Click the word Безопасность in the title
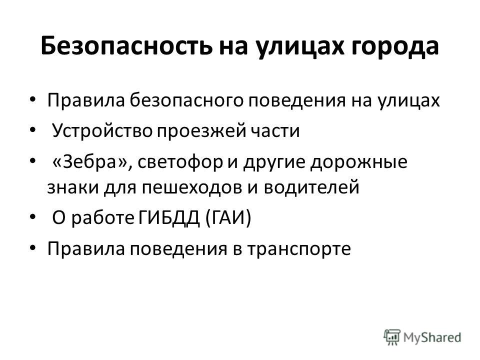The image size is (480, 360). point(126,46)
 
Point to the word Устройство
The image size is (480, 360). point(102,130)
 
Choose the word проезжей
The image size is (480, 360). point(201,131)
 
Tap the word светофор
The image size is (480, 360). point(180,162)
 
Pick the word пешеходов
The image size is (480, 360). point(192,187)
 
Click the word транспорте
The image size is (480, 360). point(299,249)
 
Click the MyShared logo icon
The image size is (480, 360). point(392,337)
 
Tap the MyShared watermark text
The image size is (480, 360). point(432,337)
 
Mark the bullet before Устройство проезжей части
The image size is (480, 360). point(33,130)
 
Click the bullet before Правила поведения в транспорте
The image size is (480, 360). point(33,247)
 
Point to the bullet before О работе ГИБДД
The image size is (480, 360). point(33,216)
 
